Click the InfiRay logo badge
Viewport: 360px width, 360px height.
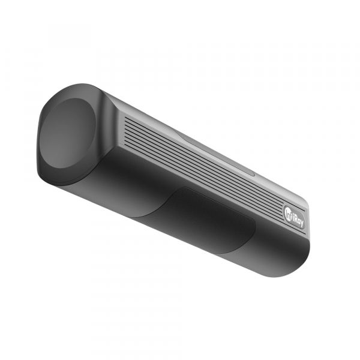click(295, 217)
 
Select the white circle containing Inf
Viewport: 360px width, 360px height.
click(289, 212)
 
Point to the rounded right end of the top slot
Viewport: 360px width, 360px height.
click(253, 174)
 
